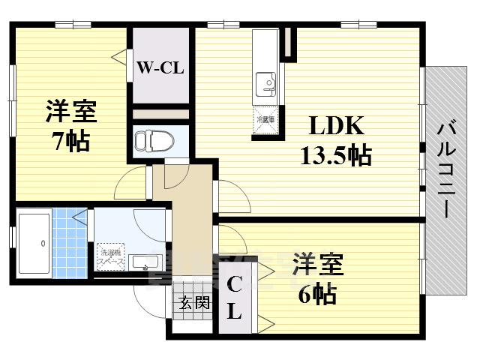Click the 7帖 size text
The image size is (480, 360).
(x=71, y=139)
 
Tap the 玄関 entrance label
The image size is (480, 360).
(x=193, y=304)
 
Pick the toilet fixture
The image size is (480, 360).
(x=154, y=139)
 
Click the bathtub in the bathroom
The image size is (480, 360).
(x=33, y=243)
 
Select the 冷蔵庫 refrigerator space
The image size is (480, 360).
(x=266, y=121)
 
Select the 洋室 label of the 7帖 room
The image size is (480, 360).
(x=71, y=112)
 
